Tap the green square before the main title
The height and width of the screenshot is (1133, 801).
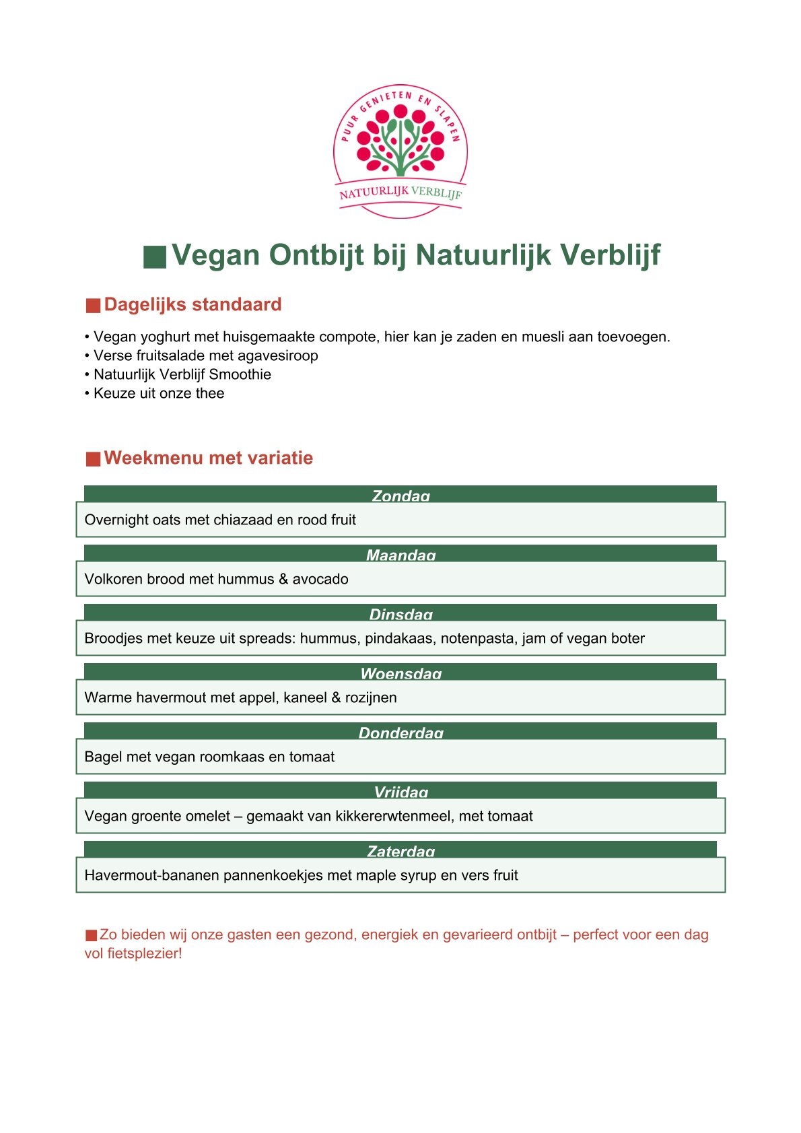155,257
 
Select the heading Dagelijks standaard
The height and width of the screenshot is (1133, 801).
193,304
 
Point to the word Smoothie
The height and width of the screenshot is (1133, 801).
240,374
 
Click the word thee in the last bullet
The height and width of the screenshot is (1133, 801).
210,393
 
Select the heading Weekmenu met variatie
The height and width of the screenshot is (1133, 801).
208,458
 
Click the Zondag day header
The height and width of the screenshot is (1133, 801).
401,495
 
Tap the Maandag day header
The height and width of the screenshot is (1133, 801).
401,555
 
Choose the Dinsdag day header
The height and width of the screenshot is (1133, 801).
401,614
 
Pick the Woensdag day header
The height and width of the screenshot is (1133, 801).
401,673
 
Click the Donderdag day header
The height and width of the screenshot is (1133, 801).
401,732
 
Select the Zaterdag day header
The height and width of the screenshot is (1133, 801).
401,851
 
